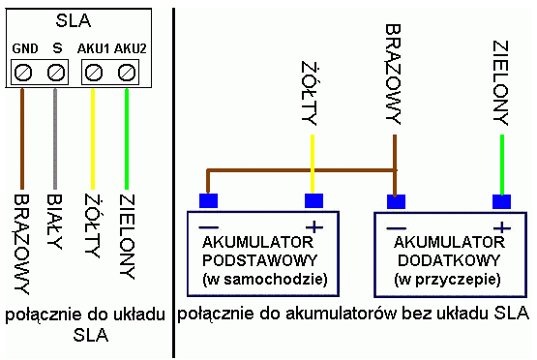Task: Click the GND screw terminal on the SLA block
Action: [24, 72]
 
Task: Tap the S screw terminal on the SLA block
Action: [55, 72]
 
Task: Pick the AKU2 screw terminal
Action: [125, 72]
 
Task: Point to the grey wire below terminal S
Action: [56, 135]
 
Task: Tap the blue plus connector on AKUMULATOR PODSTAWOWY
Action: [313, 201]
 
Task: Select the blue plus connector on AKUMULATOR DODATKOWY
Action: [501, 201]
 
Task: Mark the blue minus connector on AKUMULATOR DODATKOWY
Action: [395, 201]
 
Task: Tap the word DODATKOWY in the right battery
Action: [448, 260]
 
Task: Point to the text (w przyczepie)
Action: [448, 280]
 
